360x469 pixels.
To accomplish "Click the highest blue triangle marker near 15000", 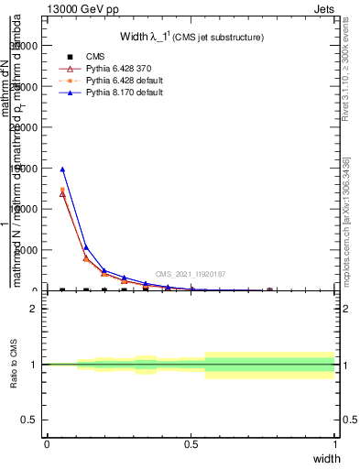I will point(62,169).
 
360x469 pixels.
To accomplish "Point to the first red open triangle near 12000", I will point(62,193).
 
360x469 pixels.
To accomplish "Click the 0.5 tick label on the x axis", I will point(191,443).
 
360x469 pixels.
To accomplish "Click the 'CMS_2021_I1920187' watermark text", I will point(190,274).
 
